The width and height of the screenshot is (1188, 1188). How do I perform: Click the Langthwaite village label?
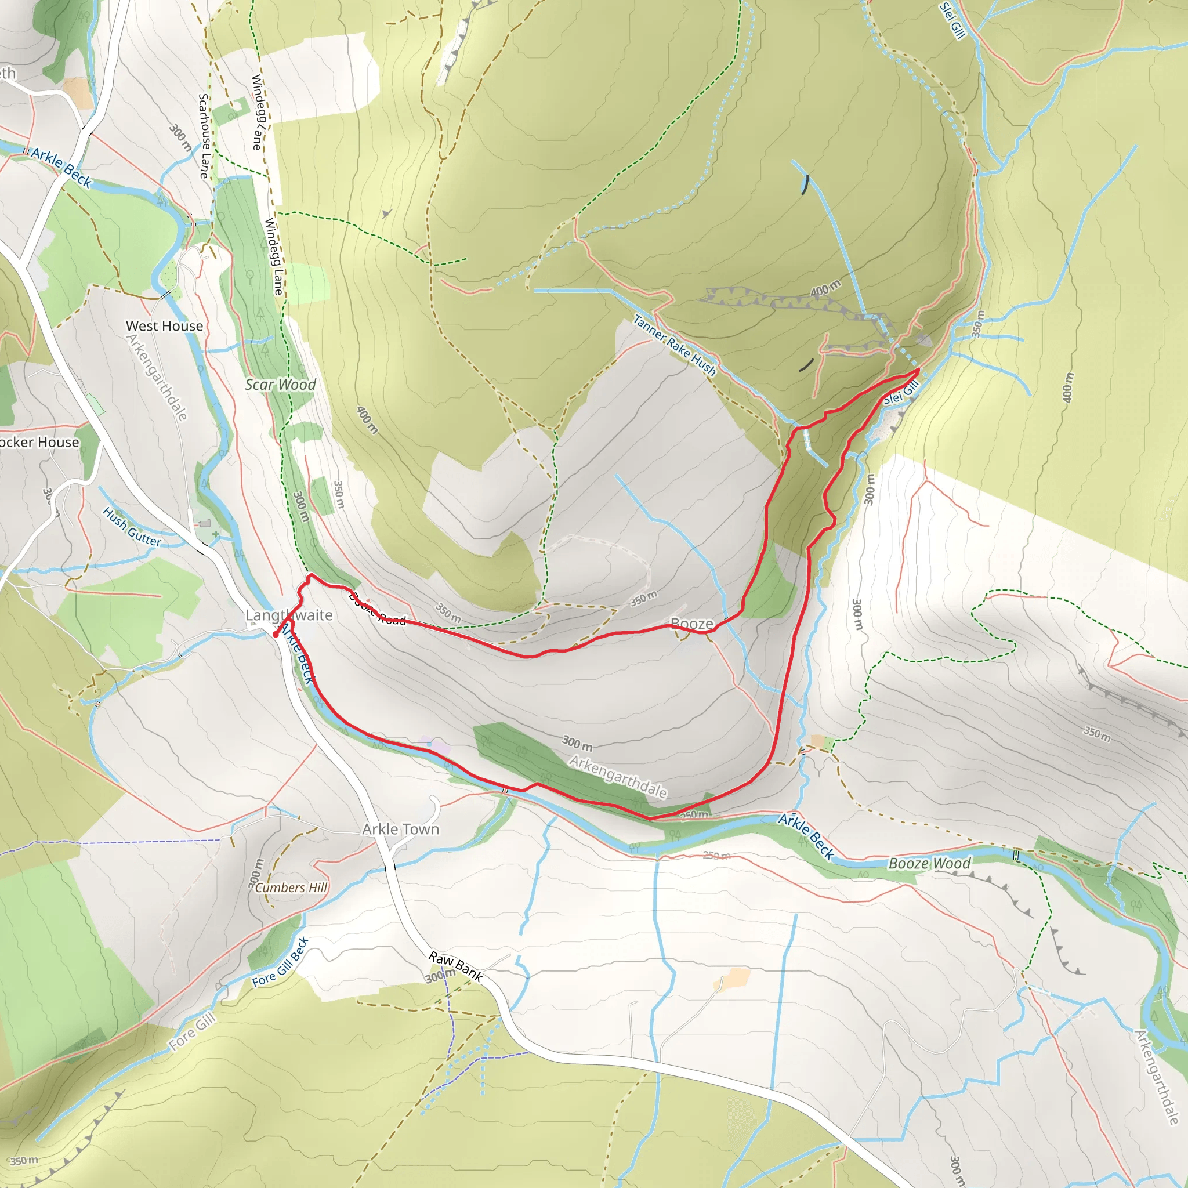289,615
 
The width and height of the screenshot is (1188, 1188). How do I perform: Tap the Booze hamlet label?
692,624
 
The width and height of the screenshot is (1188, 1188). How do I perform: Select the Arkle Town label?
400,829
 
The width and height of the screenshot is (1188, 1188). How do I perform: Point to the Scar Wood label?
280,385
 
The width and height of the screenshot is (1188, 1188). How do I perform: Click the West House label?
164,326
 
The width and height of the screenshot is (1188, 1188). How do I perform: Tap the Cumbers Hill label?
291,888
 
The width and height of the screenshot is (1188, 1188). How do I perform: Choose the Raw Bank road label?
455,966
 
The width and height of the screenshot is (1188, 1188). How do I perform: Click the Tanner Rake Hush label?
675,346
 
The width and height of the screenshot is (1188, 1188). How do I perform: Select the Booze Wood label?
929,863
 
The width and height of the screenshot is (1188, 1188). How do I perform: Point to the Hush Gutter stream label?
132,527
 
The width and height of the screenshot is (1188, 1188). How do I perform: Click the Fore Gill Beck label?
280,962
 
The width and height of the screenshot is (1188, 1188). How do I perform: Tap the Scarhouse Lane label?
204,136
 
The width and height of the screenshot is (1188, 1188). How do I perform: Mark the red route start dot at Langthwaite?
276,634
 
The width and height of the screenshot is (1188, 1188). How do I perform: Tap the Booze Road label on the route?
377,609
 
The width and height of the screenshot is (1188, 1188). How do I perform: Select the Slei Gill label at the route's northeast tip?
901,392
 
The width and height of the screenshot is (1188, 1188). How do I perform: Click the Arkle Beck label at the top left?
61,168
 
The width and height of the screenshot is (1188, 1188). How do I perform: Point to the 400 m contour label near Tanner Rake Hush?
825,288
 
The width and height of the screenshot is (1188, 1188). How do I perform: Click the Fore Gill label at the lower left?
193,1032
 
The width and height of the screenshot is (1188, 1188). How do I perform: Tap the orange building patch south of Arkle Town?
731,979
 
